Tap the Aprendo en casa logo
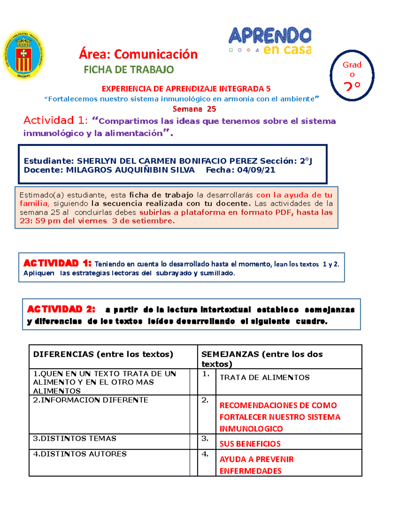point(270,41)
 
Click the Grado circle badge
point(352,75)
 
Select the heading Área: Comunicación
point(138,54)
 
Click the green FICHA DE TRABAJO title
point(129,69)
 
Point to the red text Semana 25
point(194,109)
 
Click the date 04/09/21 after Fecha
point(256,170)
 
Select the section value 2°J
point(306,161)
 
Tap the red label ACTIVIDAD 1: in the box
point(57,263)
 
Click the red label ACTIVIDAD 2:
point(61,309)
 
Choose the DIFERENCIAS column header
point(103,354)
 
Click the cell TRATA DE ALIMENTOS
point(265,377)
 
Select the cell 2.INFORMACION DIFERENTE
point(90,400)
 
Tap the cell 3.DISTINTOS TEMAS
point(74,439)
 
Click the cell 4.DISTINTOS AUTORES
point(80,454)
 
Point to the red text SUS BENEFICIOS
point(250,444)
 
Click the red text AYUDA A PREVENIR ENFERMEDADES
point(256,465)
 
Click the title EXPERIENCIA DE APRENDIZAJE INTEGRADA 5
point(186,89)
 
